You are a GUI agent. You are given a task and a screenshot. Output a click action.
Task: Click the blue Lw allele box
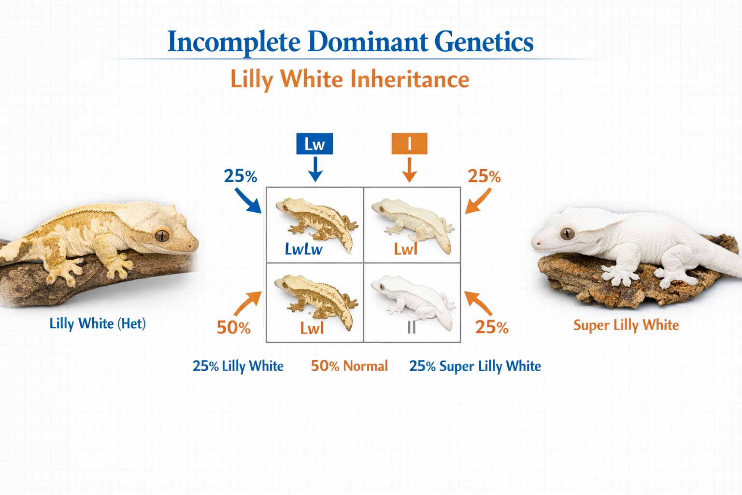click(x=314, y=144)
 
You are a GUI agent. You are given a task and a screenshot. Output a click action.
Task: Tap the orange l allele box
click(x=409, y=144)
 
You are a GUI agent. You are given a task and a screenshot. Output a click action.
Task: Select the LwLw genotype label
click(x=303, y=249)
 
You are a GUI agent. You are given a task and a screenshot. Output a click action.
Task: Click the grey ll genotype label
click(x=411, y=328)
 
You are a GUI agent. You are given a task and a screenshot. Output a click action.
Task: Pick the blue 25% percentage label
click(x=240, y=176)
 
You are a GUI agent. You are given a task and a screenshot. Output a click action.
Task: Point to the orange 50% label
click(x=233, y=328)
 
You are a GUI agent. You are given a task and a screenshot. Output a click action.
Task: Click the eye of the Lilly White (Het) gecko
click(x=162, y=235)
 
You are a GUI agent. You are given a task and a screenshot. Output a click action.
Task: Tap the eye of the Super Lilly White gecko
click(x=567, y=233)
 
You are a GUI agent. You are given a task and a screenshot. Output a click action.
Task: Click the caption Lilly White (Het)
click(x=98, y=323)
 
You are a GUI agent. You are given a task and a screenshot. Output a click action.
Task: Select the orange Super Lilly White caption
click(x=626, y=325)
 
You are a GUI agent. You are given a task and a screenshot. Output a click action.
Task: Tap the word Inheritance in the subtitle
click(x=410, y=79)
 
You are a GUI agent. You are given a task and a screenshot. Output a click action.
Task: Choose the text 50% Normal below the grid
click(x=349, y=366)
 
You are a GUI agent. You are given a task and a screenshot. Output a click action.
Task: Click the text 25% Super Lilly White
click(x=475, y=366)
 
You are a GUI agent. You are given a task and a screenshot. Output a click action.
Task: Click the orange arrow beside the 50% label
click(x=246, y=304)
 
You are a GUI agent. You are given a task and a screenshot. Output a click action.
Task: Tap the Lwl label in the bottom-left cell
click(x=312, y=329)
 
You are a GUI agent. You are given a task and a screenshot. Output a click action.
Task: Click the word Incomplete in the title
click(x=234, y=42)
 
